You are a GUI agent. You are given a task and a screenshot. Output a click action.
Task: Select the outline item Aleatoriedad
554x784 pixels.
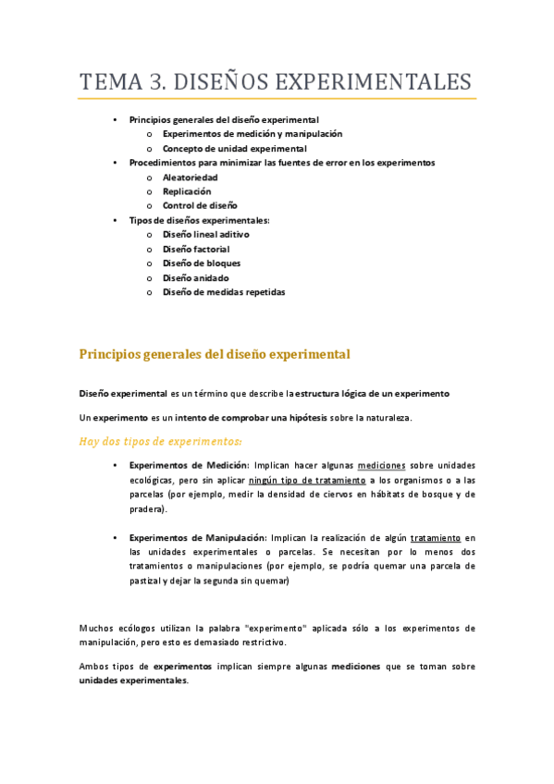191,178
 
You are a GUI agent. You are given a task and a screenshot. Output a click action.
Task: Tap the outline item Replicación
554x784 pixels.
187,191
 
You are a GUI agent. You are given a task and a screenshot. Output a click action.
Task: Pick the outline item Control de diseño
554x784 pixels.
200,206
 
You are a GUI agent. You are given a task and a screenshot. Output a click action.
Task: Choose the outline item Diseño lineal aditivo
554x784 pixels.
205,235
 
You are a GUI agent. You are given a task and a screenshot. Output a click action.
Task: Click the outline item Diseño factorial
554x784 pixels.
196,250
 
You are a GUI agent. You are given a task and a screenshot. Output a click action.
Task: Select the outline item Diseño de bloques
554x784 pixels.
202,263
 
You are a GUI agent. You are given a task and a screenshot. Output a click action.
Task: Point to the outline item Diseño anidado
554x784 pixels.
196,278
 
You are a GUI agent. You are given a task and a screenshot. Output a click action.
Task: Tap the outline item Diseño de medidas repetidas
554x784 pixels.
224,292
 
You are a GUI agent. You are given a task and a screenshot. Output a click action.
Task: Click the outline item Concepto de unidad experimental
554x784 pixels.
235,148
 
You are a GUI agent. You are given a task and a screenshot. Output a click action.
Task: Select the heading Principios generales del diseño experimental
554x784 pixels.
215,354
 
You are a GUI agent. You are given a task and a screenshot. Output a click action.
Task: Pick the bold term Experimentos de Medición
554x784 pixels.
189,465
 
